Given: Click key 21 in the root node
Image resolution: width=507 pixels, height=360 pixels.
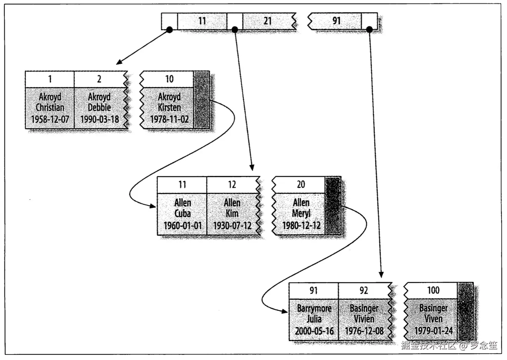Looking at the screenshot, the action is click(267, 21).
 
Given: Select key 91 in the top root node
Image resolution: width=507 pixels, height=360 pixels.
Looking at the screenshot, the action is click(337, 21).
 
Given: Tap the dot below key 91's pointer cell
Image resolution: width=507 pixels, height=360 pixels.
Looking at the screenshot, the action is click(369, 29).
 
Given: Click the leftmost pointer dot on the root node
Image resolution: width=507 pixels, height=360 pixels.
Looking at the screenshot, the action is click(169, 30).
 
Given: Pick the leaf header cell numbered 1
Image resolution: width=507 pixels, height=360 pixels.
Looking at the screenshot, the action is click(50, 79).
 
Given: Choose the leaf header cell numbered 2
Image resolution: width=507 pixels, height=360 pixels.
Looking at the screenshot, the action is click(99, 79).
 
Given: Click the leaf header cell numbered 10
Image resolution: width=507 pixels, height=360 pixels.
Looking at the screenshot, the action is click(169, 79).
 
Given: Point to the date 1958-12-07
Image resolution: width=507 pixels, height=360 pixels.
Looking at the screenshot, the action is click(50, 119).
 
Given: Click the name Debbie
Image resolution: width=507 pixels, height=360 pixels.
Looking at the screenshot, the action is click(99, 107).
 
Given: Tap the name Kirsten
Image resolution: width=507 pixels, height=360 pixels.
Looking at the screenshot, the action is click(169, 107).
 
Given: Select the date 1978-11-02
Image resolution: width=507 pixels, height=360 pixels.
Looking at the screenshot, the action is click(169, 119).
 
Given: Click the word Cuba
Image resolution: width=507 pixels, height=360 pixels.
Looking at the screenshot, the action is click(182, 213).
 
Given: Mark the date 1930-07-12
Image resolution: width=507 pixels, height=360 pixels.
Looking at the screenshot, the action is click(232, 226).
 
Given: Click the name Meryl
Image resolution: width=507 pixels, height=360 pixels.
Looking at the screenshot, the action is click(301, 213).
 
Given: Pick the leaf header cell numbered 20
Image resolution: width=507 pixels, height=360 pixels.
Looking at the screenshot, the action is click(300, 185).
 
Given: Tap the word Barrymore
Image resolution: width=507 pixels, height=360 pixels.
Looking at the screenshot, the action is click(314, 309).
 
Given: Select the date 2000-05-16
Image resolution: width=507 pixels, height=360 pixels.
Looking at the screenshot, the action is click(314, 331).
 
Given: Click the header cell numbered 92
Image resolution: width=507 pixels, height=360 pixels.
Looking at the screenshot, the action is click(364, 291).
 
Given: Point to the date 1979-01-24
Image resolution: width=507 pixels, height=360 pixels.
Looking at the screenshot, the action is click(433, 331).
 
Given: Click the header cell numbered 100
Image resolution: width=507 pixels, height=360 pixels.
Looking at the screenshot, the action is click(433, 290).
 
